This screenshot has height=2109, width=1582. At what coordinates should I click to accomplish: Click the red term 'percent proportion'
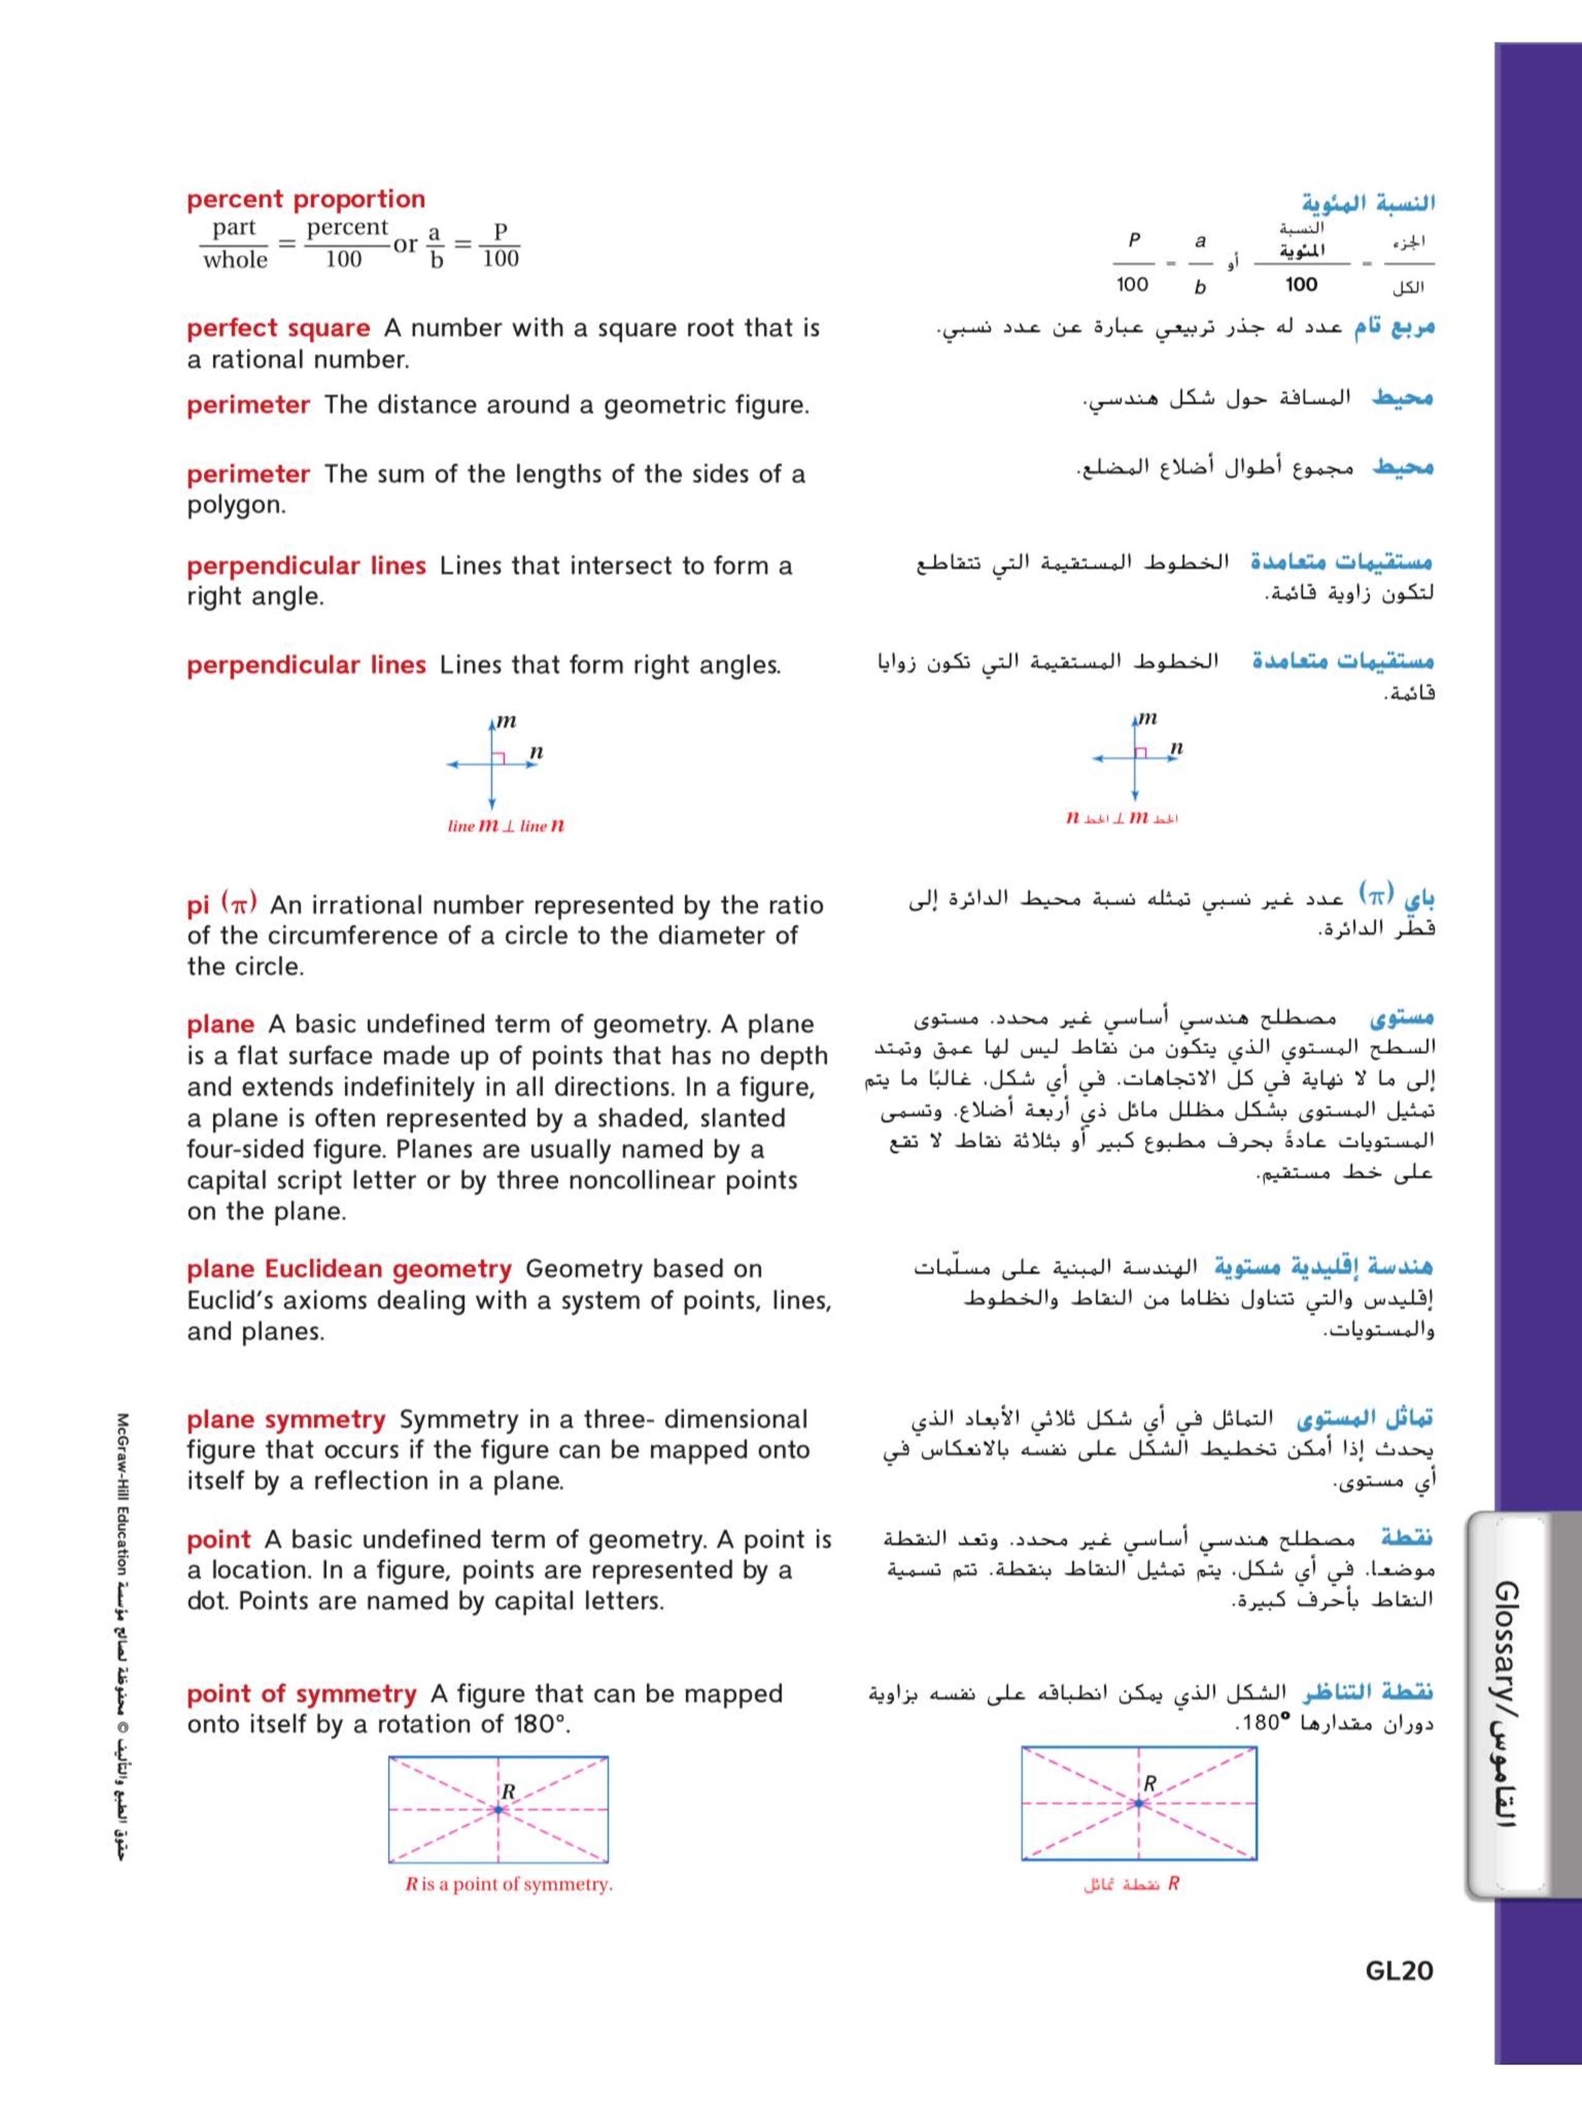[305, 199]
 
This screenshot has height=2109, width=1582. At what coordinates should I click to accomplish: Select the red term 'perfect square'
[277, 328]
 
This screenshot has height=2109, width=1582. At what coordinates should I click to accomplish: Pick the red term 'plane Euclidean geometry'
[349, 1269]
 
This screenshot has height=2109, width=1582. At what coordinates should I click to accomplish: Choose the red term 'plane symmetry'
[285, 1419]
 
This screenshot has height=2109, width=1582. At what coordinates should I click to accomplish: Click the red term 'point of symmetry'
[302, 1694]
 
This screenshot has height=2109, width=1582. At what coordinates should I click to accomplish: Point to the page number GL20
[1399, 1971]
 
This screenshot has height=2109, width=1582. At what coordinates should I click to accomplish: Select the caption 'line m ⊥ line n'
[505, 827]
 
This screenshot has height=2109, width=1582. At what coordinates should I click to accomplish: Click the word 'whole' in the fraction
[235, 260]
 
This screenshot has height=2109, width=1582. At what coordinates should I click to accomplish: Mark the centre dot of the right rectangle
[1138, 1803]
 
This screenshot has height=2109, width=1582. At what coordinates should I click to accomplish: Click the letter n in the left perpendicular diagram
[536, 752]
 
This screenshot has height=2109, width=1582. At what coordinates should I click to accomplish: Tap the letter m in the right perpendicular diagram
[1149, 718]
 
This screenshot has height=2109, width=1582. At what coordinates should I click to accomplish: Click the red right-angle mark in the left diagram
[497, 758]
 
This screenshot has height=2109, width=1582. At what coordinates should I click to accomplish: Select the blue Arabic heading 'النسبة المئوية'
[1368, 203]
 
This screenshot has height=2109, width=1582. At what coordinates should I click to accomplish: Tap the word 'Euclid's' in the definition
[226, 1301]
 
